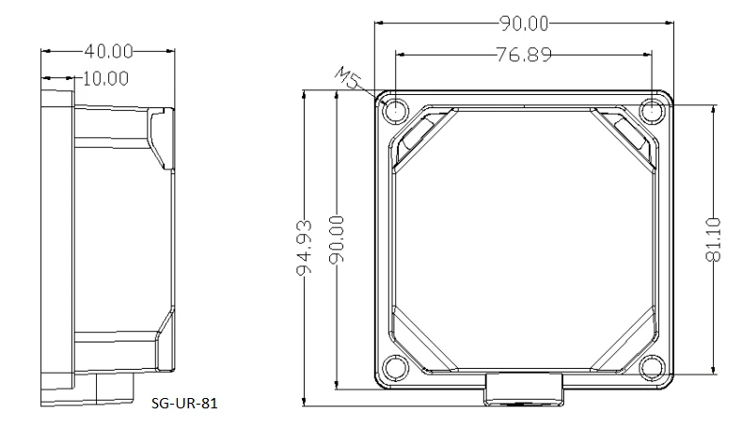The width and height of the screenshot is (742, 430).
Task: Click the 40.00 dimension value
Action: (109, 51)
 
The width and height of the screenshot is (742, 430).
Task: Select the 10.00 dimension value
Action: (105, 79)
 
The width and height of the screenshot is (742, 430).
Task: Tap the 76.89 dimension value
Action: (524, 55)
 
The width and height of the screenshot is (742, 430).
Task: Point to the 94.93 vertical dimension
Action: (305, 247)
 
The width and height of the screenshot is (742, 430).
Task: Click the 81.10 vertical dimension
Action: (713, 239)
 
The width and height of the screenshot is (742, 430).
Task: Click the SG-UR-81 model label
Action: (184, 403)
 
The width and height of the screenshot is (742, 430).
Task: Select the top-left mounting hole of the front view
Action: (395, 111)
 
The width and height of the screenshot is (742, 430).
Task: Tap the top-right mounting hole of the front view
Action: (652, 111)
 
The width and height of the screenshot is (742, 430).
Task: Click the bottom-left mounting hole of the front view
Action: (395, 368)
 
